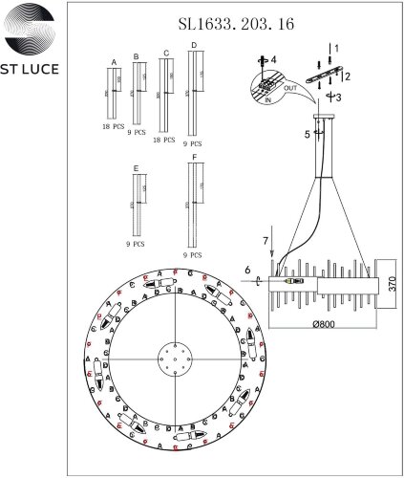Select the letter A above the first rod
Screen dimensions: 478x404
click(x=114, y=61)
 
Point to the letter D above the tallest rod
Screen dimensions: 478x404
click(x=194, y=45)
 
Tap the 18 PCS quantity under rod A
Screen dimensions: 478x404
click(x=114, y=126)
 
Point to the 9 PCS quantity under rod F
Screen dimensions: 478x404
click(x=194, y=255)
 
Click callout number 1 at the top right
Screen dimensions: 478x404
click(x=334, y=47)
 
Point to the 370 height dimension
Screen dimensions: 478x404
click(x=391, y=284)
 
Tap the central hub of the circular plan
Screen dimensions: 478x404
click(x=176, y=359)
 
